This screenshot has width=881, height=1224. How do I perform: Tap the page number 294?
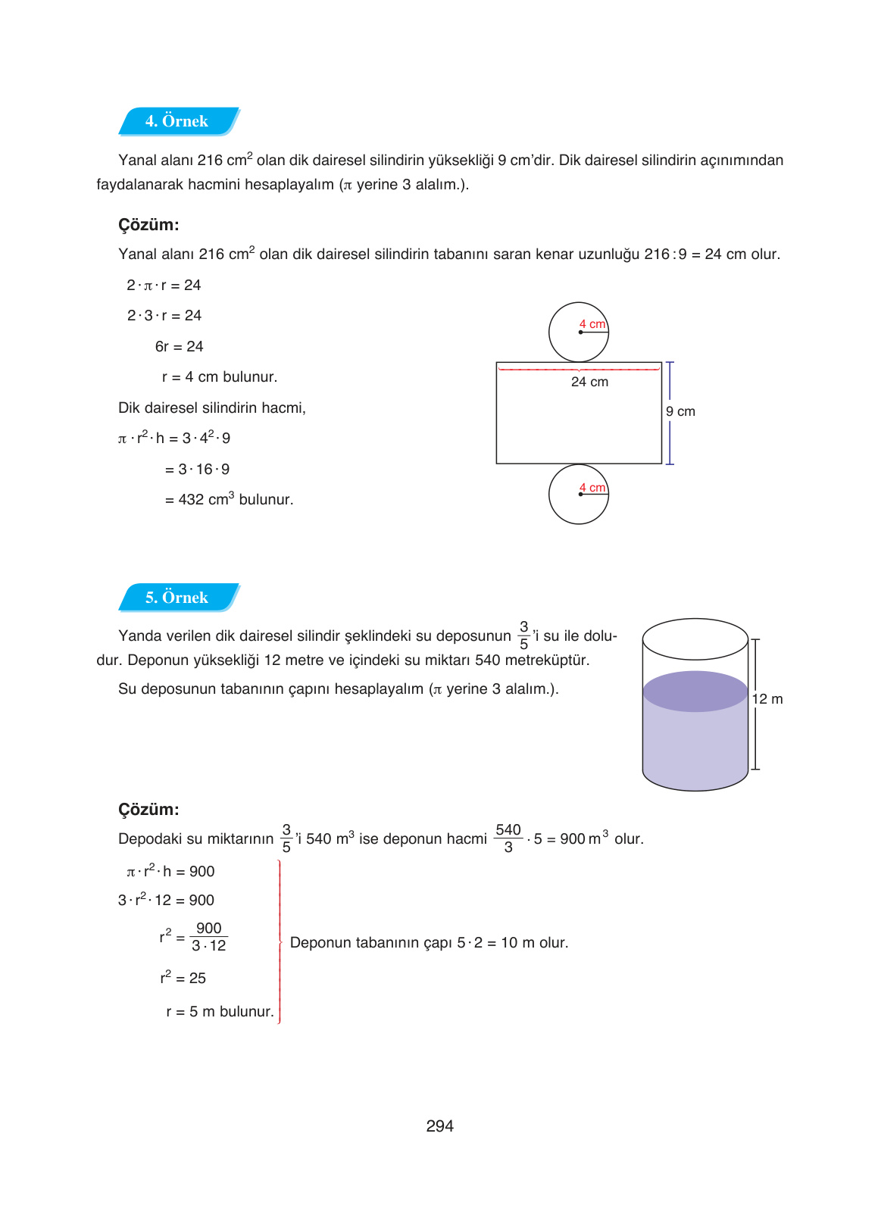(439, 1126)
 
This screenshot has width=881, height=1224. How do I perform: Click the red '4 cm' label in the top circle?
(592, 324)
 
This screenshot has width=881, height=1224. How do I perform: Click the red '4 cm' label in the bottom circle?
(592, 488)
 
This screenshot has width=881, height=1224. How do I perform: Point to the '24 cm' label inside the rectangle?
(589, 382)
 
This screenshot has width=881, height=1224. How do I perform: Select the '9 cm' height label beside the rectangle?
(680, 411)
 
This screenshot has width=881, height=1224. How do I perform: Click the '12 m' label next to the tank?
(767, 699)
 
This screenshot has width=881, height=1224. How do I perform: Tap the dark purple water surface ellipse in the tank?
(695, 691)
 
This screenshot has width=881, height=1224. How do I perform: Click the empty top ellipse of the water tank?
(695, 639)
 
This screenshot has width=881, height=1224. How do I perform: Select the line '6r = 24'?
(179, 347)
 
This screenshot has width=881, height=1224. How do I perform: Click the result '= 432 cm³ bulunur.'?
(229, 500)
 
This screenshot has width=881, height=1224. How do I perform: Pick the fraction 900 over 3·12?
(208, 937)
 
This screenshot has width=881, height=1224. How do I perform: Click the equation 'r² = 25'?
(183, 978)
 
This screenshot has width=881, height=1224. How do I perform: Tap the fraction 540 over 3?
(508, 838)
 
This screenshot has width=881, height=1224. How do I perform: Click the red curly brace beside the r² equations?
(280, 942)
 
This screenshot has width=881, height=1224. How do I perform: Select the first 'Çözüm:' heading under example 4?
(148, 225)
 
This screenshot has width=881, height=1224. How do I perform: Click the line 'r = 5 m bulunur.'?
(220, 1012)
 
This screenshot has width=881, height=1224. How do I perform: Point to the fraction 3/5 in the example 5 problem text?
(523, 635)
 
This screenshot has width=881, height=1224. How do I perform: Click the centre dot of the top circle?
(580, 332)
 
